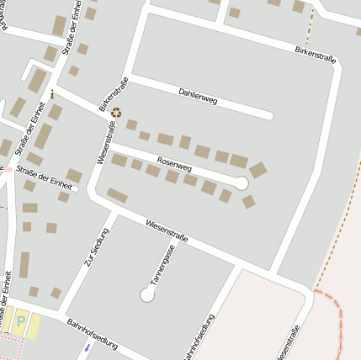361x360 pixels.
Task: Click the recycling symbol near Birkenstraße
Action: [116, 113]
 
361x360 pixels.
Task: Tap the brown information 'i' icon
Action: [52, 94]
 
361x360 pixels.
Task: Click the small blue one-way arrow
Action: [86, 347]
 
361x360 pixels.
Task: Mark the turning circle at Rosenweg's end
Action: [242, 183]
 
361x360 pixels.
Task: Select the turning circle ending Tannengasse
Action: [147, 295]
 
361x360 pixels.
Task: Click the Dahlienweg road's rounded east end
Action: [268, 115]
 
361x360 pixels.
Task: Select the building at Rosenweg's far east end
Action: [257, 170]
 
